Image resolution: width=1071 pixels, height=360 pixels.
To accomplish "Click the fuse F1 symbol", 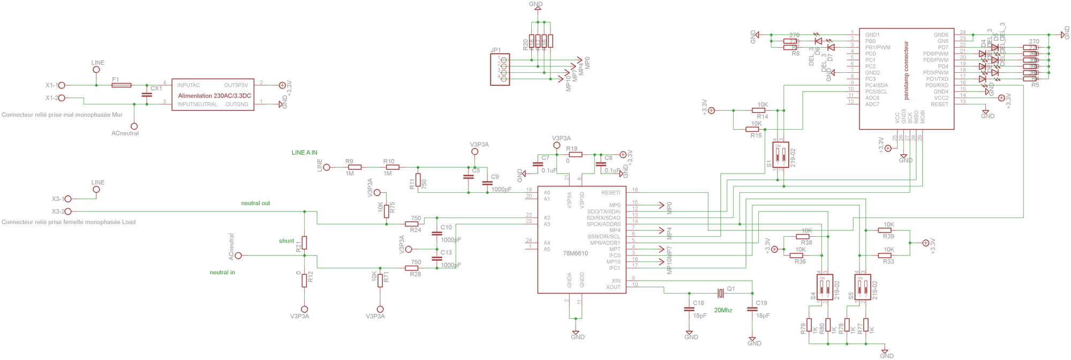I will click(x=122, y=85).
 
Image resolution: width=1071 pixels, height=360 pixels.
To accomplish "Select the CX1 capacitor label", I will click(x=156, y=88).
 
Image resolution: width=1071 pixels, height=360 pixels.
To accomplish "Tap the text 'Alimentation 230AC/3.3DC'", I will click(x=215, y=95).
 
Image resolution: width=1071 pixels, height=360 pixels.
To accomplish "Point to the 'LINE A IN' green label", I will click(x=304, y=153).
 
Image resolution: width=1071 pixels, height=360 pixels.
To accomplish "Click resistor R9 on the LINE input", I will click(x=355, y=167).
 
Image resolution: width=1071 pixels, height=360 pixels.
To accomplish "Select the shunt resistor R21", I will click(x=304, y=243).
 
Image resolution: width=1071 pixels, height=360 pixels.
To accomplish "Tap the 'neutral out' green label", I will click(x=255, y=203).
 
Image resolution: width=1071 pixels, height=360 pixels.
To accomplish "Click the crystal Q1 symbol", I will click(x=721, y=292).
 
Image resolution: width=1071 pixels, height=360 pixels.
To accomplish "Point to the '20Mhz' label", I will click(x=723, y=310).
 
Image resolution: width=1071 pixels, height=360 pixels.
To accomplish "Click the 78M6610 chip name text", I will click(x=575, y=253).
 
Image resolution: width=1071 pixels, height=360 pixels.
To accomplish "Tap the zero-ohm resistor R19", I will click(x=576, y=154).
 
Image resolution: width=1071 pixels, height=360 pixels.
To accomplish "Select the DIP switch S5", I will click(x=863, y=287).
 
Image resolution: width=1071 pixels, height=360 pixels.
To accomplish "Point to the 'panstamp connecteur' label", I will click(x=907, y=70).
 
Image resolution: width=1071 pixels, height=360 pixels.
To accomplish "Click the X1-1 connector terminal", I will click(x=61, y=85).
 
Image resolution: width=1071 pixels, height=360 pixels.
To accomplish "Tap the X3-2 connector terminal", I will click(x=67, y=212).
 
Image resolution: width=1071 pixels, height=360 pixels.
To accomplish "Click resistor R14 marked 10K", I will click(x=762, y=110).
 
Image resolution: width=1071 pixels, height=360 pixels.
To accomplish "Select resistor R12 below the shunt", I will click(x=304, y=280).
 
